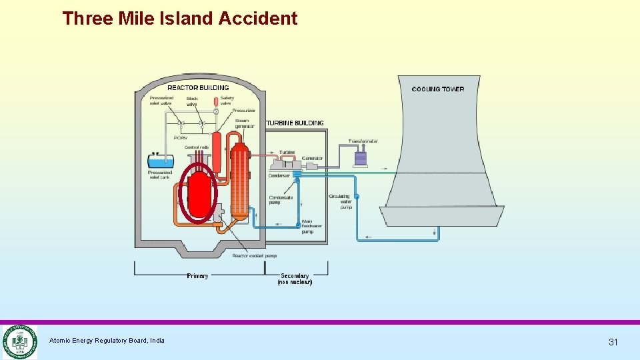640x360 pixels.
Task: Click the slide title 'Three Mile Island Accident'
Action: coord(180,18)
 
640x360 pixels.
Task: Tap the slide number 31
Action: coord(613,342)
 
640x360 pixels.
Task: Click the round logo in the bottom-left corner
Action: coord(19,341)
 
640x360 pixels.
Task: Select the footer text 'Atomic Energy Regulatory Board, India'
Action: coord(107,341)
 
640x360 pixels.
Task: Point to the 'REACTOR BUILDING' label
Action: coord(198,87)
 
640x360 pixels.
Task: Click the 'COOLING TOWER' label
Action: coord(438,89)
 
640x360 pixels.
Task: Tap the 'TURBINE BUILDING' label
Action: coord(295,123)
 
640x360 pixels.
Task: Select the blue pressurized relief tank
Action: coord(161,161)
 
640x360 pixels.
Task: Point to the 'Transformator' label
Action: coord(363,141)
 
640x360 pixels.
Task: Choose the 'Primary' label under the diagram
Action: coord(197,276)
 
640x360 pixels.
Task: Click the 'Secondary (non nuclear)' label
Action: coord(295,279)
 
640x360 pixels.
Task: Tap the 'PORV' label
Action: coord(181,138)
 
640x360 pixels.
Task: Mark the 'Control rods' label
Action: coord(197,147)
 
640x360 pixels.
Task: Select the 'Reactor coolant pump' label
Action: coord(254,255)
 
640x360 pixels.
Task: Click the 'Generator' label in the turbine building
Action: coord(312,158)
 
